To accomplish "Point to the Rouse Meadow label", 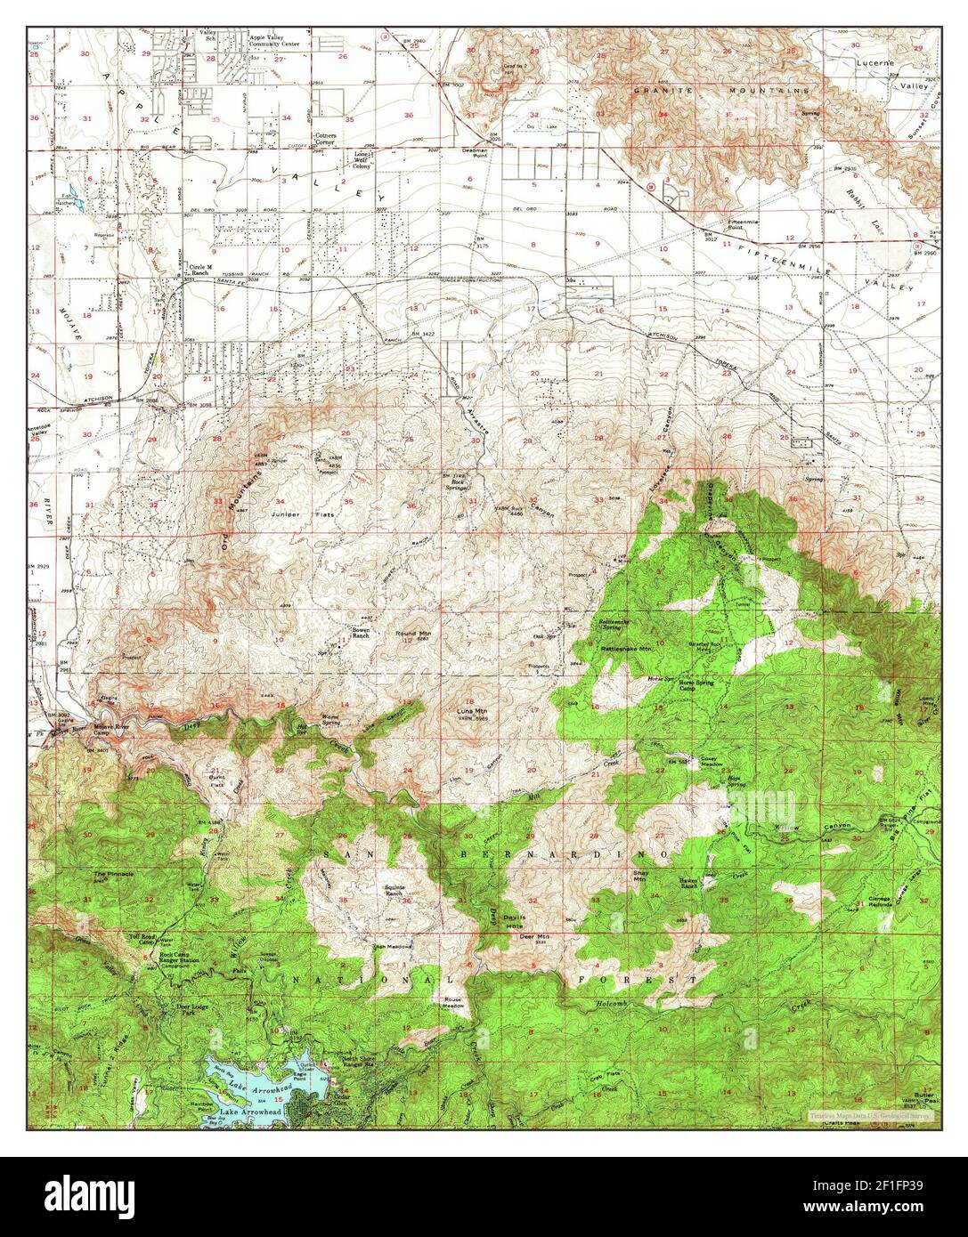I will [454, 1002].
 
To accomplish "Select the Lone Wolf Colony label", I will [362, 160].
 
